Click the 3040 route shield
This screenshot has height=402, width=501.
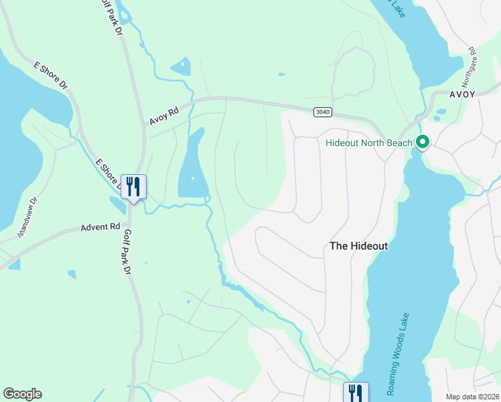[322, 112]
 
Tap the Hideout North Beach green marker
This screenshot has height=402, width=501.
[423, 142]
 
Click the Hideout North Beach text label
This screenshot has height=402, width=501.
[369, 143]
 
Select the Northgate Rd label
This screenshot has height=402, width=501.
[472, 60]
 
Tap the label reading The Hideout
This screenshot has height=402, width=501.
[359, 246]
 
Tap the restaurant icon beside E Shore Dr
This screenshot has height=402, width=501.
[133, 187]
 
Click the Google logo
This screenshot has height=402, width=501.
[22, 394]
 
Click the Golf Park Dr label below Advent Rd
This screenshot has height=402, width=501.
[128, 253]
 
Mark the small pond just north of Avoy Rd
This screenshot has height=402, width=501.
[182, 66]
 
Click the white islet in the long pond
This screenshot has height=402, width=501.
[193, 178]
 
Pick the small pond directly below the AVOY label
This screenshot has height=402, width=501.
[441, 113]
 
